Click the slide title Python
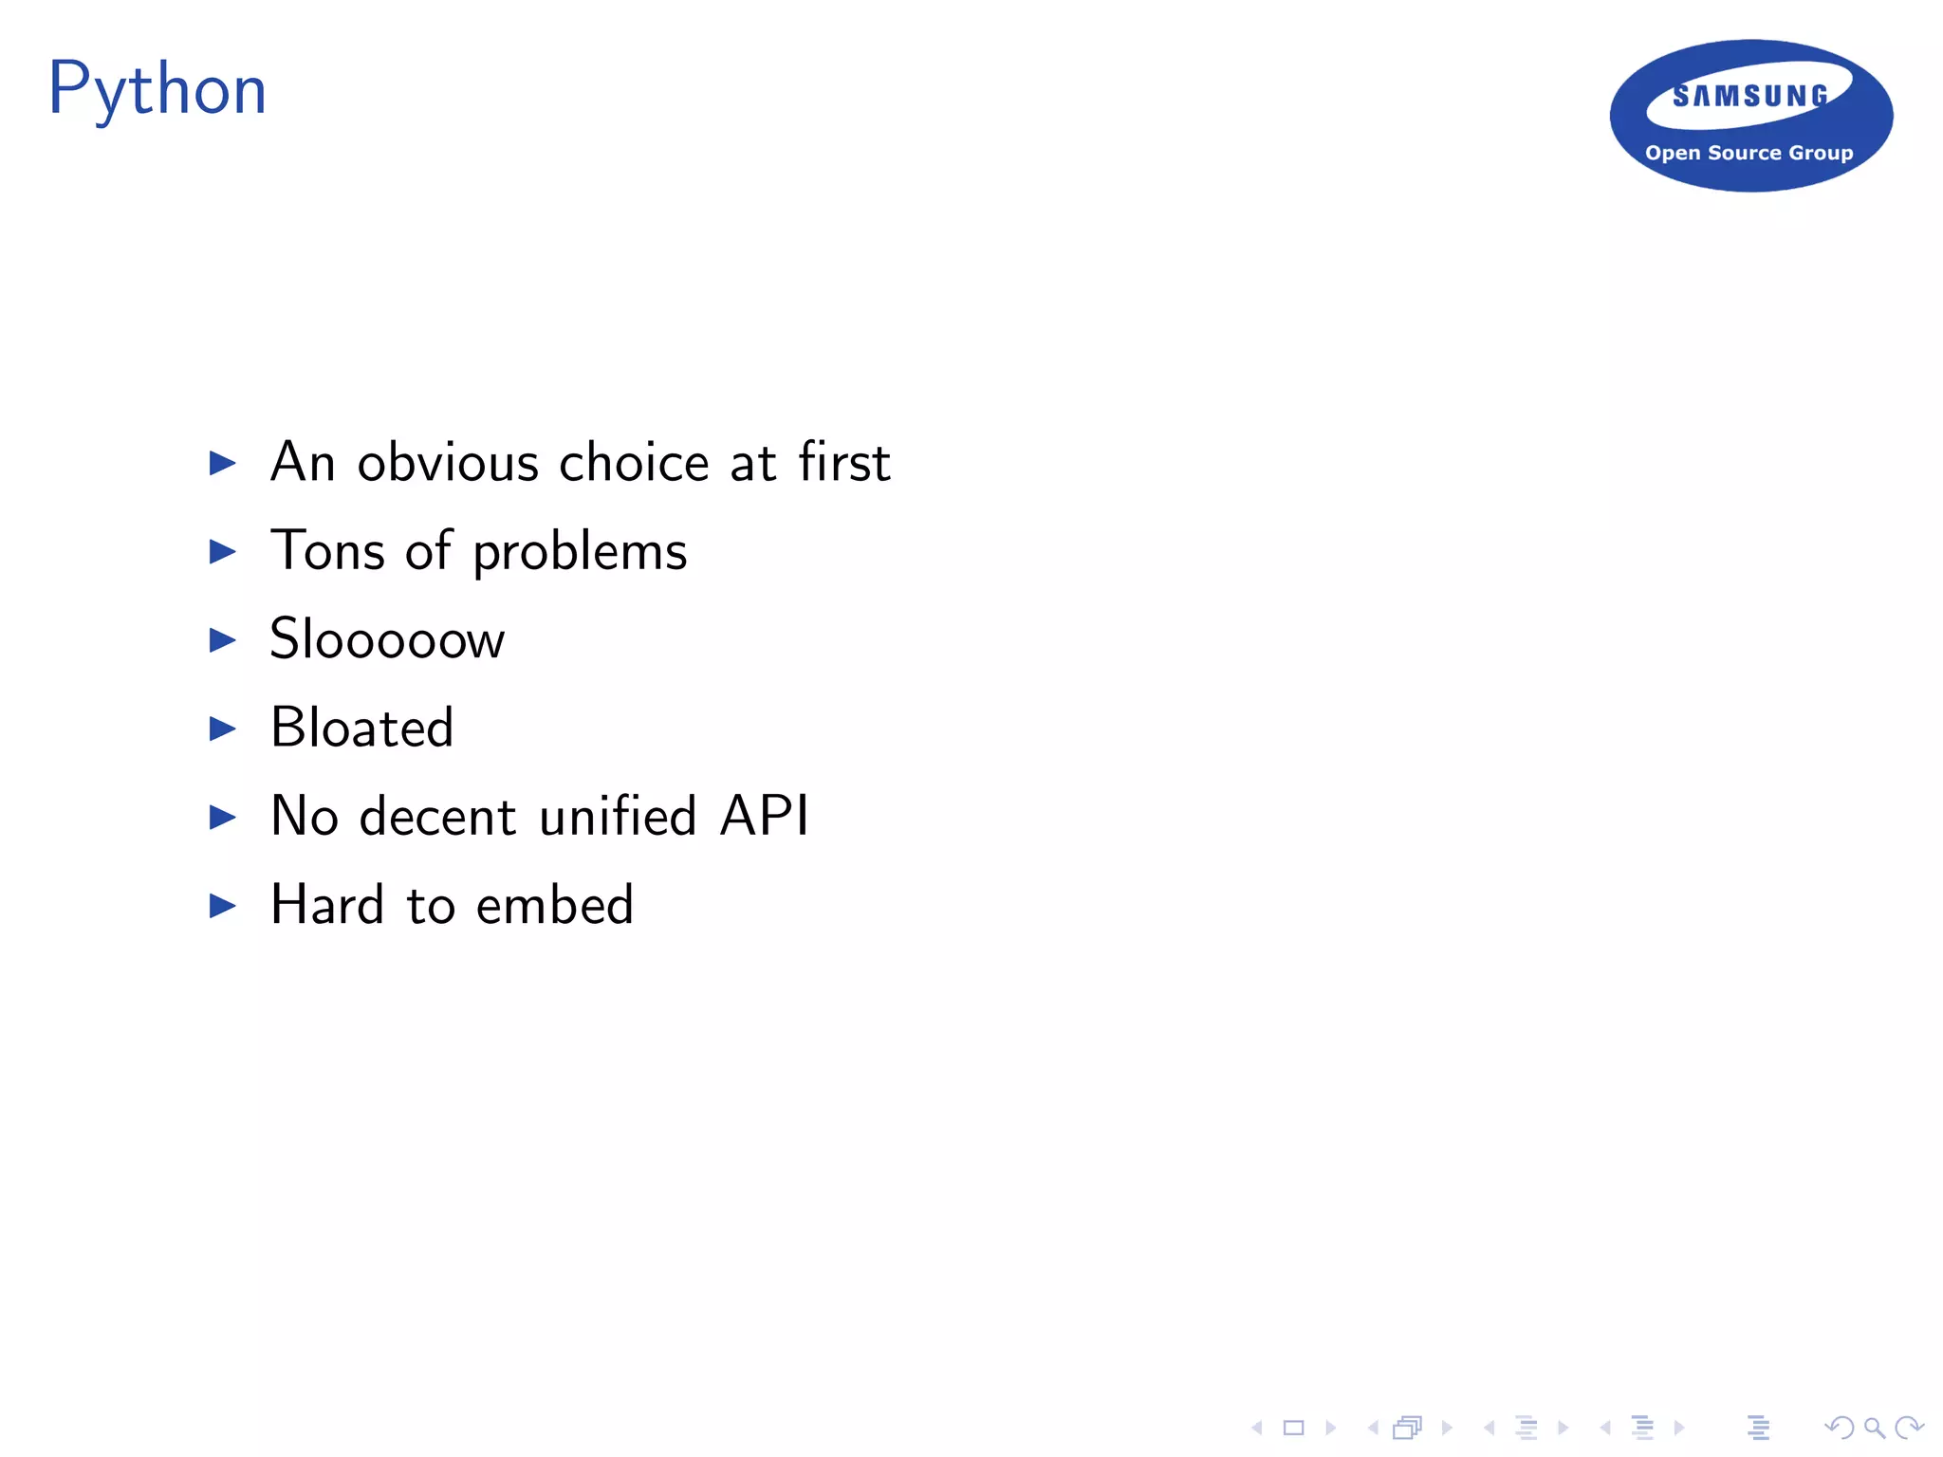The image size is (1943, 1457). point(157,89)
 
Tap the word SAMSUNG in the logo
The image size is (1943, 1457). point(1750,96)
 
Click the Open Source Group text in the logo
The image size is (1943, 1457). point(1749,153)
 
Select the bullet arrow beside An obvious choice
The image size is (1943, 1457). point(222,463)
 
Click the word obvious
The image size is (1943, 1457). point(448,463)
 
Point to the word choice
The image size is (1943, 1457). point(634,463)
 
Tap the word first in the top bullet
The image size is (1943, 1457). point(843,463)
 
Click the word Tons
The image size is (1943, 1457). point(328,550)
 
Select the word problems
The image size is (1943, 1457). point(580,552)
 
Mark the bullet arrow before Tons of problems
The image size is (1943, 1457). point(222,551)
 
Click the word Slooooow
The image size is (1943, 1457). point(387,638)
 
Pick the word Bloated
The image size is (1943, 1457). point(361,728)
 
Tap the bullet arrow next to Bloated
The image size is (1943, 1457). point(222,728)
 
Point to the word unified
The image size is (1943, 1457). point(618,816)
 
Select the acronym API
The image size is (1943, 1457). point(764,816)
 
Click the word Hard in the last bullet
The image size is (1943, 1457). point(327,904)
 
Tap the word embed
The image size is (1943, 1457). point(554,904)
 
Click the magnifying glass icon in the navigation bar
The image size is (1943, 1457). point(1874,1428)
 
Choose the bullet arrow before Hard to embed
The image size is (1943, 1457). point(222,905)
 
